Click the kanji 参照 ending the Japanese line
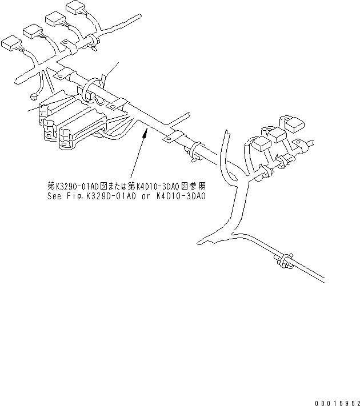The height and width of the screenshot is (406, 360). pyautogui.click(x=198, y=186)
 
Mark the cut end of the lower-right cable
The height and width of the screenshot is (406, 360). pyautogui.click(x=325, y=279)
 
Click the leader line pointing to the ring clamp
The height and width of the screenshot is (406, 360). pyautogui.click(x=112, y=69)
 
